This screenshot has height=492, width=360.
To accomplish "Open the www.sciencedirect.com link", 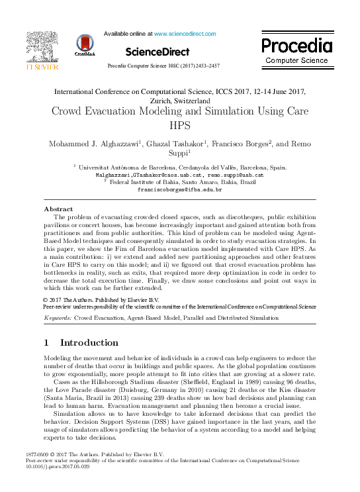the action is click(x=185, y=33).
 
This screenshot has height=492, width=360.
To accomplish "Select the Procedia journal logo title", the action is click(x=296, y=46).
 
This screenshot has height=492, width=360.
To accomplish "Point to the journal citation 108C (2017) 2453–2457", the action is click(x=188, y=66).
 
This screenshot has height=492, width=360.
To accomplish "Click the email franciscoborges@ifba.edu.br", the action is click(x=179, y=189).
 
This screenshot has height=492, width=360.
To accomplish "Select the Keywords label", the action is click(x=57, y=318).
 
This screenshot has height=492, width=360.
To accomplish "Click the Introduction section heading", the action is click(x=89, y=343).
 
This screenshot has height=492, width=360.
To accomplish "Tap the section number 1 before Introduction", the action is click(x=46, y=343).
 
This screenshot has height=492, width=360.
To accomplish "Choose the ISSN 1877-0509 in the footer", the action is click(x=36, y=454).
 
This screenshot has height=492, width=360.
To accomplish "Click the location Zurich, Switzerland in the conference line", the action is click(x=179, y=100).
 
